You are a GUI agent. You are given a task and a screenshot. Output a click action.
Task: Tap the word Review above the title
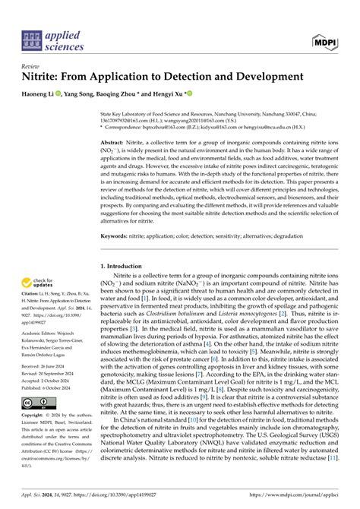pyautogui.click(x=32, y=66)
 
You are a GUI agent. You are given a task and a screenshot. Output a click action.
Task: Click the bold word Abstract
pyautogui.click(x=113, y=142)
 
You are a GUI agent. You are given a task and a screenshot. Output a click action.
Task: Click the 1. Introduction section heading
pyautogui.click(x=128, y=267)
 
